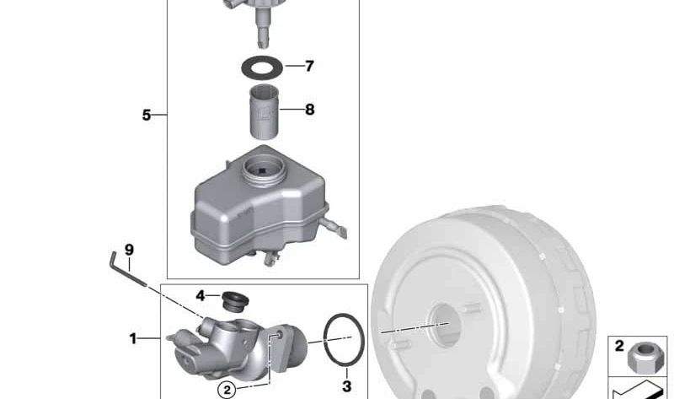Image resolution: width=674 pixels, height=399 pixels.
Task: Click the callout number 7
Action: [x=309, y=66]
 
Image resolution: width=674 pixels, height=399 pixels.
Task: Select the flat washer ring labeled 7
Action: [x=262, y=62]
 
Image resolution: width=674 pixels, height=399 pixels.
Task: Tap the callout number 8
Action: [x=309, y=110]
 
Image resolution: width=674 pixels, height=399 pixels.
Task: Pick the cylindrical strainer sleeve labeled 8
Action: [x=265, y=112]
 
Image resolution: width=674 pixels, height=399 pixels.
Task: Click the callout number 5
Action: [x=147, y=115]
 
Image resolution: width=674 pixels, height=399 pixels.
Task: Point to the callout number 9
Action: [x=129, y=250]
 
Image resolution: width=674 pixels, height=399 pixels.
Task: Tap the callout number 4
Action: [x=201, y=296]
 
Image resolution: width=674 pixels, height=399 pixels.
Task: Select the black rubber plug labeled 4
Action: [x=235, y=300]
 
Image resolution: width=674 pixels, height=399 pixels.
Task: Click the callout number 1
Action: [x=133, y=338]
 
